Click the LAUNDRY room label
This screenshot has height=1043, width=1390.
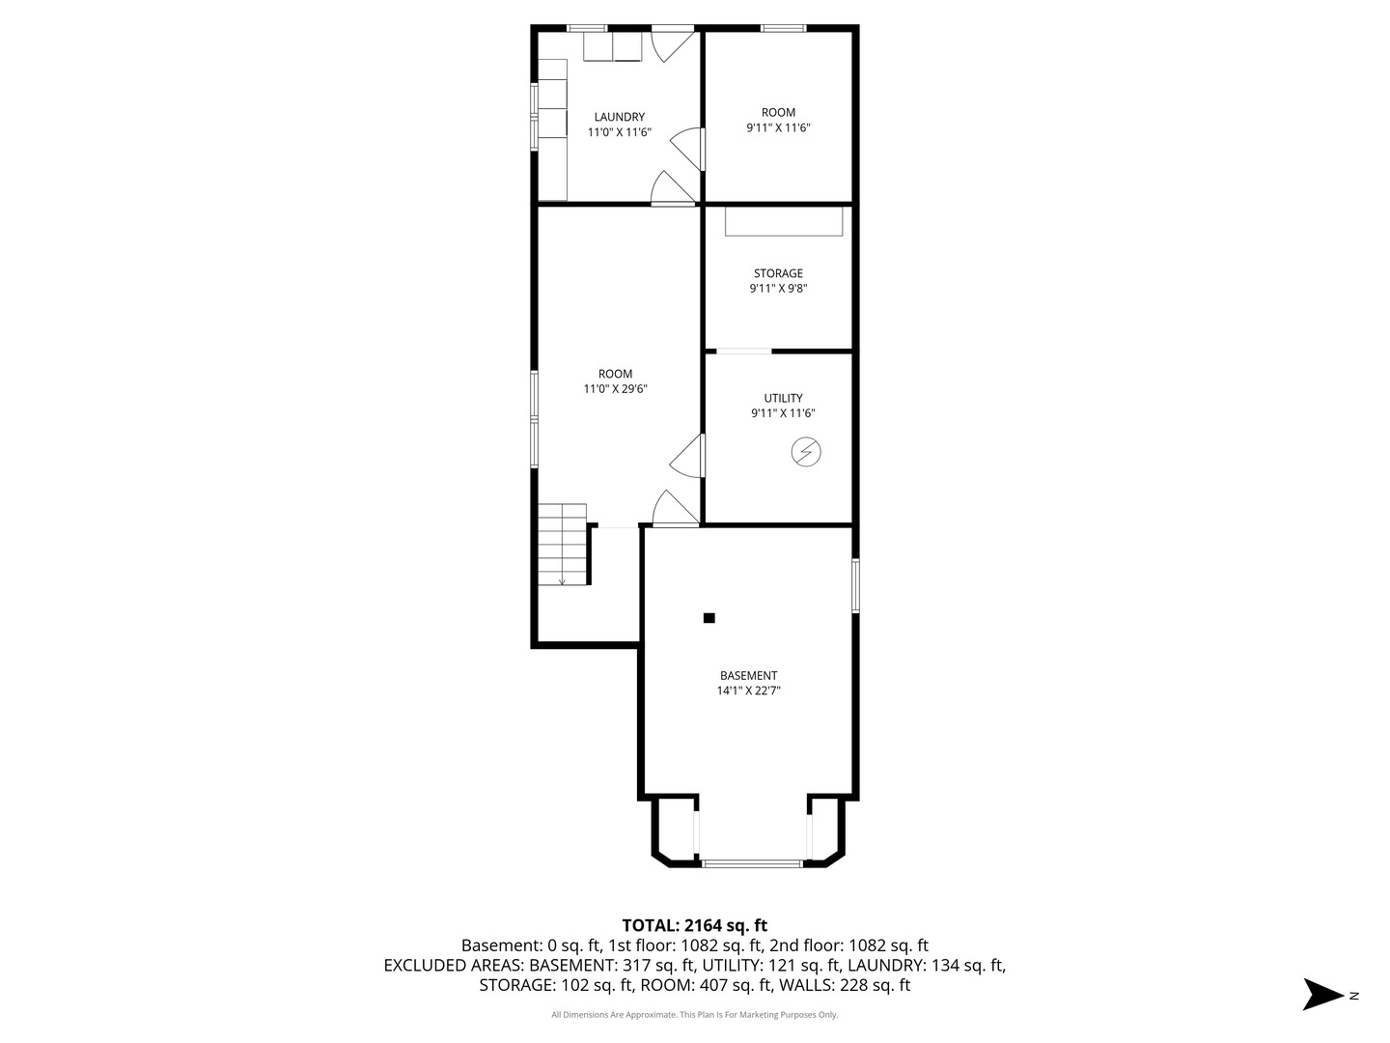coord(619,117)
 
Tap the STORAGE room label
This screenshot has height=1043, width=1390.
coord(778,273)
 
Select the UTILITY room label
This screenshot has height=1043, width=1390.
coord(783,398)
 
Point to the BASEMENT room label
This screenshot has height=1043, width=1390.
coord(748,676)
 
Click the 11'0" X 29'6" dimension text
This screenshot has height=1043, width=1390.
coord(615,389)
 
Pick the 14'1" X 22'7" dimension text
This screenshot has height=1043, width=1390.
coord(748,691)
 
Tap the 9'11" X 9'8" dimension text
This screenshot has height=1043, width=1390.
coord(778,289)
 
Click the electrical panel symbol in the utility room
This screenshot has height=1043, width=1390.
coord(805,452)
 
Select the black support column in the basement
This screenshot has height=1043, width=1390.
coord(709,618)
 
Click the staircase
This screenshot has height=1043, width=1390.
coord(562,544)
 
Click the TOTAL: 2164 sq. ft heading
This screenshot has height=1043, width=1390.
coord(694,926)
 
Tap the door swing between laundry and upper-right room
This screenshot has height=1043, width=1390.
coord(687,149)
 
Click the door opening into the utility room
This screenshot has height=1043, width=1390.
coord(687,455)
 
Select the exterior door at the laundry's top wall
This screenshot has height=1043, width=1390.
coord(674,44)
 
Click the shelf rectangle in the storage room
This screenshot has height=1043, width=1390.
coord(784,222)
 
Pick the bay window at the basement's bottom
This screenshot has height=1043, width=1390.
coord(751,862)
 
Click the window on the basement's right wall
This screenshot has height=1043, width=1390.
coord(855,586)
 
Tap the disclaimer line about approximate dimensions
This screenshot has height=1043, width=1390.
coord(694,1014)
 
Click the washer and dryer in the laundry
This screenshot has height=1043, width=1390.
coord(612,46)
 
